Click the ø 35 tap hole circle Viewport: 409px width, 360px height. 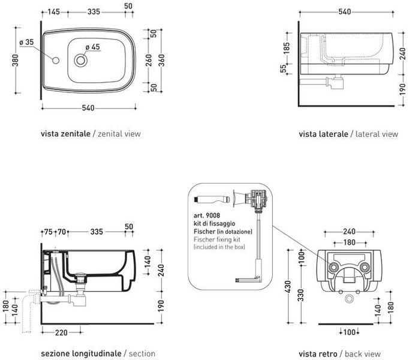pos(56,61)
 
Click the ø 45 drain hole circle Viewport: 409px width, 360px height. pos(80,61)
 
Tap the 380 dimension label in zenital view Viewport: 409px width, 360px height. pos(16,60)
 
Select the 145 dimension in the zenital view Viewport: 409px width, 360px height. pos(54,12)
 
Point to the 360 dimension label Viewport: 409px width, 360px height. pos(161,60)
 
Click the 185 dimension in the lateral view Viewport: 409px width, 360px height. pos(287,48)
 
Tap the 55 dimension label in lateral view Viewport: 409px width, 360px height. pos(283,69)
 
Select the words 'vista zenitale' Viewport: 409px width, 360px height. pos(65,134)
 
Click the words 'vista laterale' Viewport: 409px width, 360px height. pos(323,134)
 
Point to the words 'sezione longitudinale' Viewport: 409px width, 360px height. pos(81,353)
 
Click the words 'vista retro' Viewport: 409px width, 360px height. pos(318,354)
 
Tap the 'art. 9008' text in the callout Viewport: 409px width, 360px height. pos(206,215)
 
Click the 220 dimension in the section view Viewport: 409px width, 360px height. pos(61,332)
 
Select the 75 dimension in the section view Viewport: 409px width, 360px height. pos(49,232)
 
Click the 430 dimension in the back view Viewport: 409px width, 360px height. pos(288,286)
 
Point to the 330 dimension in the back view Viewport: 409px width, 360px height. pos(300,295)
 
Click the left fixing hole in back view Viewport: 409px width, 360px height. pos(333,267)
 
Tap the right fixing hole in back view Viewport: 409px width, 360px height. pos(365,267)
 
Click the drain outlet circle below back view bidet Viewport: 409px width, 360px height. pos(349,299)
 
